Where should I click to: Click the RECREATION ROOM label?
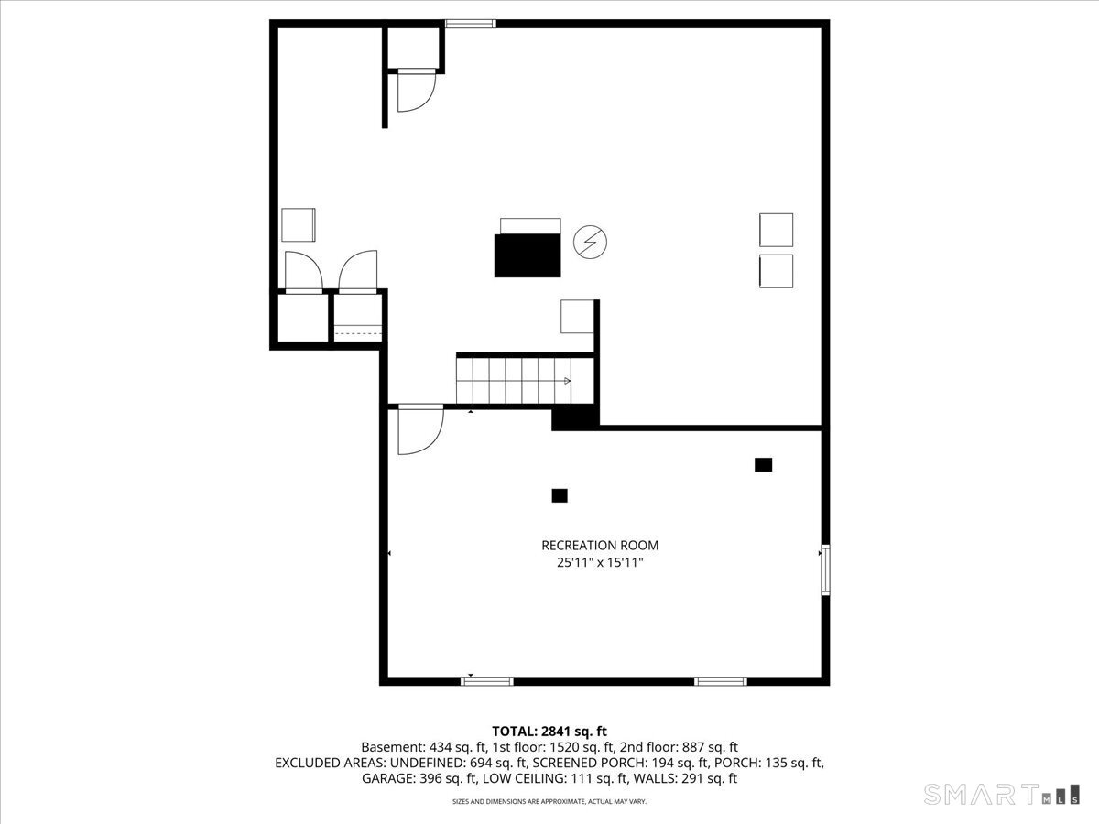point(600,546)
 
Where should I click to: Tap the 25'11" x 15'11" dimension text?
point(600,563)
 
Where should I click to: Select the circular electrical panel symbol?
point(591,242)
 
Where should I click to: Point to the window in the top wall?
point(471,24)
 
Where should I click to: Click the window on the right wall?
point(825,569)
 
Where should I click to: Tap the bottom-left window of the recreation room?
point(486,681)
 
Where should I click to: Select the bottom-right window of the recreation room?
point(721,681)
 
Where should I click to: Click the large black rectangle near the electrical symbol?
point(528,255)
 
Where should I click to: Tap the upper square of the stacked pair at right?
point(776,230)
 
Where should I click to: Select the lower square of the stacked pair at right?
point(776,271)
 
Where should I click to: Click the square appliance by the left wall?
point(299,224)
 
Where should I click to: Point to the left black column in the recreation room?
point(560,495)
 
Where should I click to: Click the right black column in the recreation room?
point(764,465)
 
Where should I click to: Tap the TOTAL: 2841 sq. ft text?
point(549,732)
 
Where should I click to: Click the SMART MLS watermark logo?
point(1001,794)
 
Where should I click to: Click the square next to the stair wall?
point(577,316)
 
